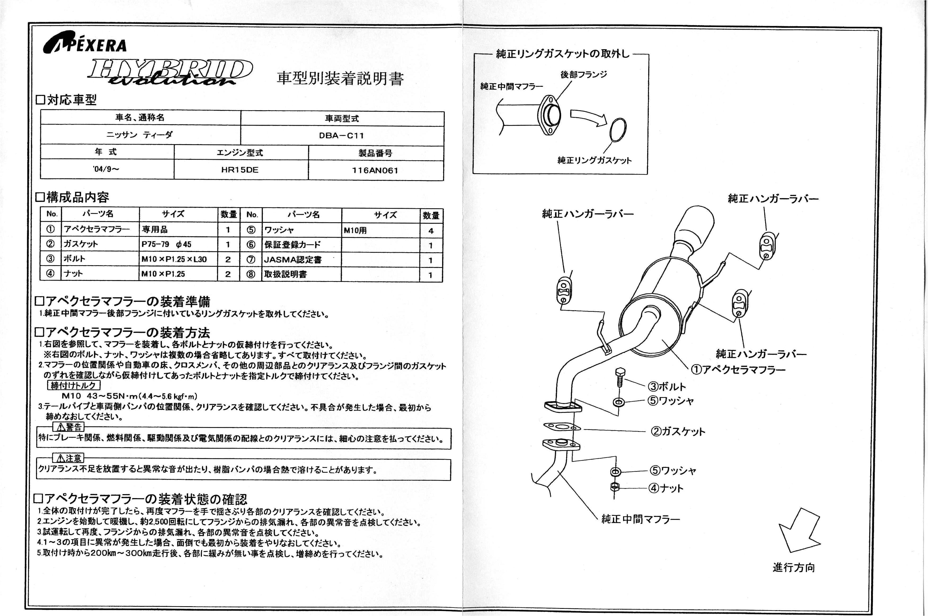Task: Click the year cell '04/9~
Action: (106, 169)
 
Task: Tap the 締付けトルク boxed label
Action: (73, 385)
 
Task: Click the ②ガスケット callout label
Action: (678, 431)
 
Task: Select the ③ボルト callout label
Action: (667, 386)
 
